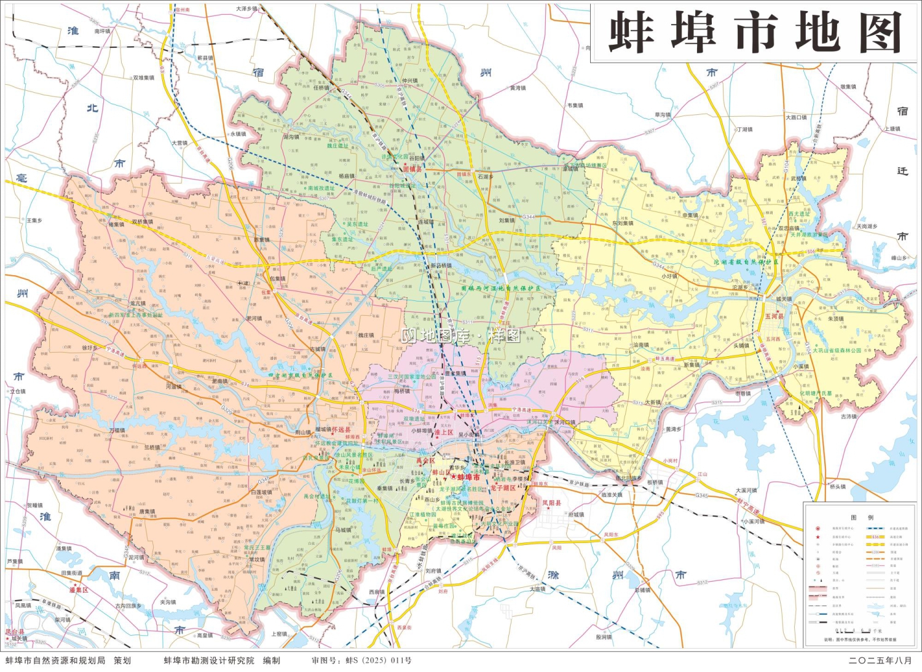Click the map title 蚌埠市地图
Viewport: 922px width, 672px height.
(755, 33)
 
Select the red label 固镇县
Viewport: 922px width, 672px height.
(412, 168)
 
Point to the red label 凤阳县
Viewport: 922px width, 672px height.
(551, 503)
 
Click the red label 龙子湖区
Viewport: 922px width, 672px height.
(503, 488)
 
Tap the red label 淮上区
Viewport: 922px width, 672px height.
(443, 432)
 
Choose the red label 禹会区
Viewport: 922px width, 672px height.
(425, 460)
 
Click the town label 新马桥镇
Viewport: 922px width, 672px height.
(441, 266)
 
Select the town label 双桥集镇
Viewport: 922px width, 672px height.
(143, 222)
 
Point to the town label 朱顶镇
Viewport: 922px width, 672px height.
(835, 319)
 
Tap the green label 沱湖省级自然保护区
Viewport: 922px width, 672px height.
(746, 262)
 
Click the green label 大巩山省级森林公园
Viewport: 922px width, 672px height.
(837, 350)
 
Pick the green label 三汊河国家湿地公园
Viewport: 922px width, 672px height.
(412, 377)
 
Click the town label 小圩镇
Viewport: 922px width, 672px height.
(669, 276)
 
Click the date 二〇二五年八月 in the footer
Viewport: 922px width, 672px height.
(880, 660)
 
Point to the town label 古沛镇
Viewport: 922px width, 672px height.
(848, 416)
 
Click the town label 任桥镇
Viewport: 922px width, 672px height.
(321, 88)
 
